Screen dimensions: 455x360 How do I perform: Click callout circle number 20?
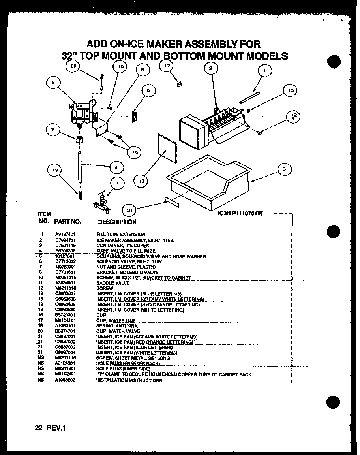[73, 67]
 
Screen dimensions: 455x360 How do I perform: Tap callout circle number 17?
[167, 67]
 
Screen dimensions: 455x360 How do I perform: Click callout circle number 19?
[55, 171]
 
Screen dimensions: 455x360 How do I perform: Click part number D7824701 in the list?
[66, 240]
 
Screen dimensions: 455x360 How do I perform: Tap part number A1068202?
[66, 380]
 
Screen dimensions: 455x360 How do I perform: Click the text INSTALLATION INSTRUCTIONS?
[129, 380]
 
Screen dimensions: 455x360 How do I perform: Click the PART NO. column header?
[67, 222]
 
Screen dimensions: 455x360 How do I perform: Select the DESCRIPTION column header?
[117, 222]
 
